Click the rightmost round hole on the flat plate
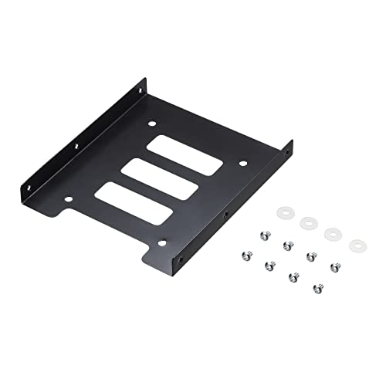pyautogui.click(x=242, y=164)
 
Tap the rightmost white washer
pyautogui.click(x=357, y=245)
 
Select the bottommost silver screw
pyautogui.click(x=317, y=288)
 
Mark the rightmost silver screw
pyautogui.click(x=335, y=267)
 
